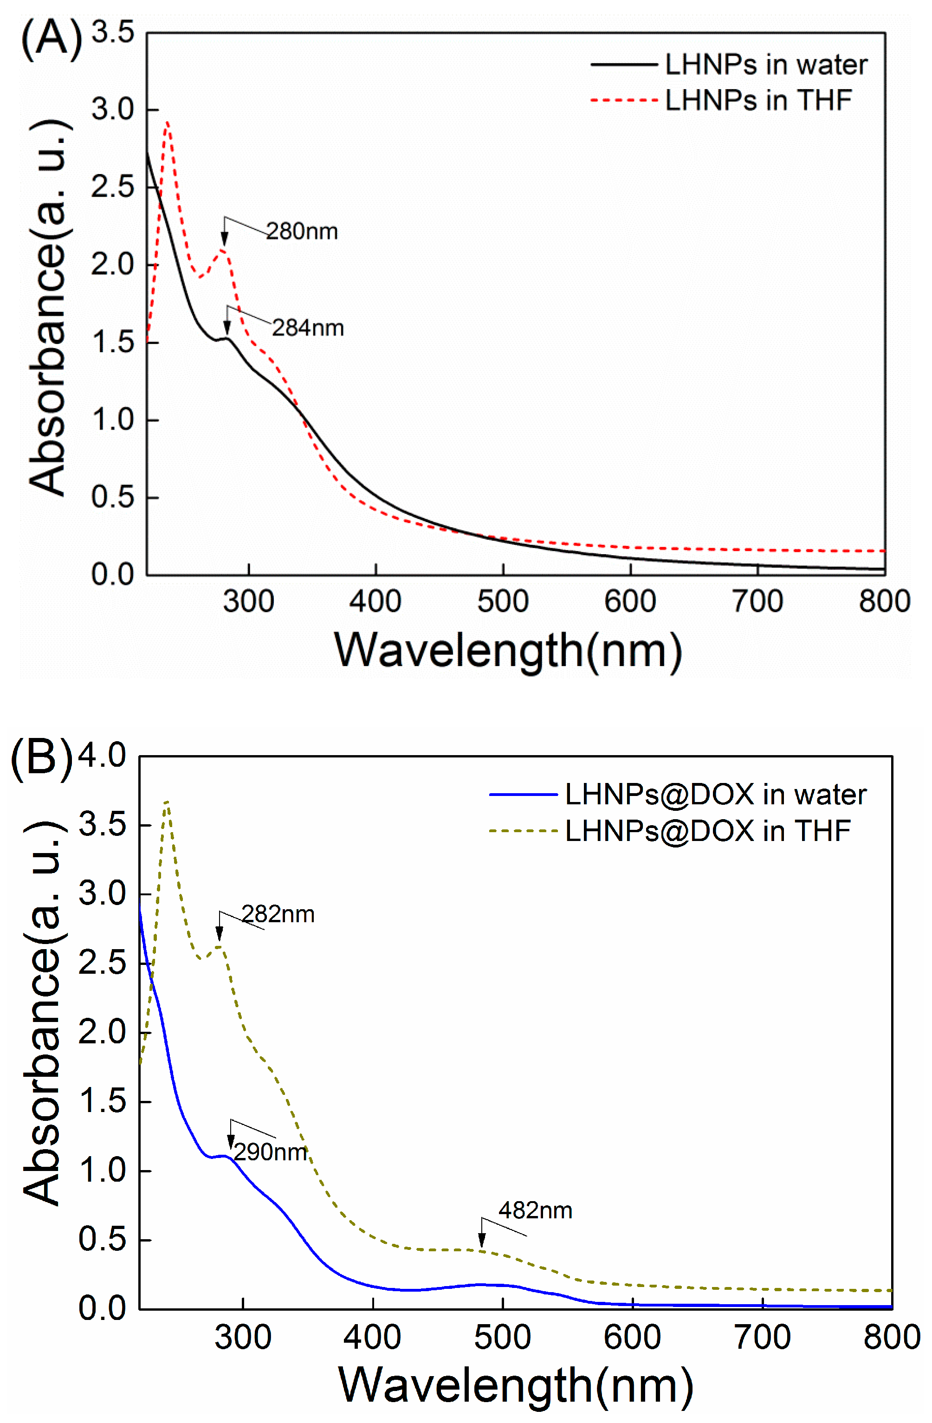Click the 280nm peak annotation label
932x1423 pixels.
pos(302,232)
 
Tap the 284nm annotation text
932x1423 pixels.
pos(308,328)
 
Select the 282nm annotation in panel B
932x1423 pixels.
pos(278,914)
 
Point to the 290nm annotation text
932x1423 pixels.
pos(271,1151)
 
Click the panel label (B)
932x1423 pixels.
pos(41,759)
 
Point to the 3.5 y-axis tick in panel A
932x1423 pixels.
pos(113,32)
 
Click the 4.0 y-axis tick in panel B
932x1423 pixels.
pos(102,755)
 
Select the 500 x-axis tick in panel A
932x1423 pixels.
pos(503,602)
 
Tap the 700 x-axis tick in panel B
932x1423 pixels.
pos(762,1337)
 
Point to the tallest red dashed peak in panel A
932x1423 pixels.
pos(168,123)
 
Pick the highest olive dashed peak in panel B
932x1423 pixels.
pos(168,802)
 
